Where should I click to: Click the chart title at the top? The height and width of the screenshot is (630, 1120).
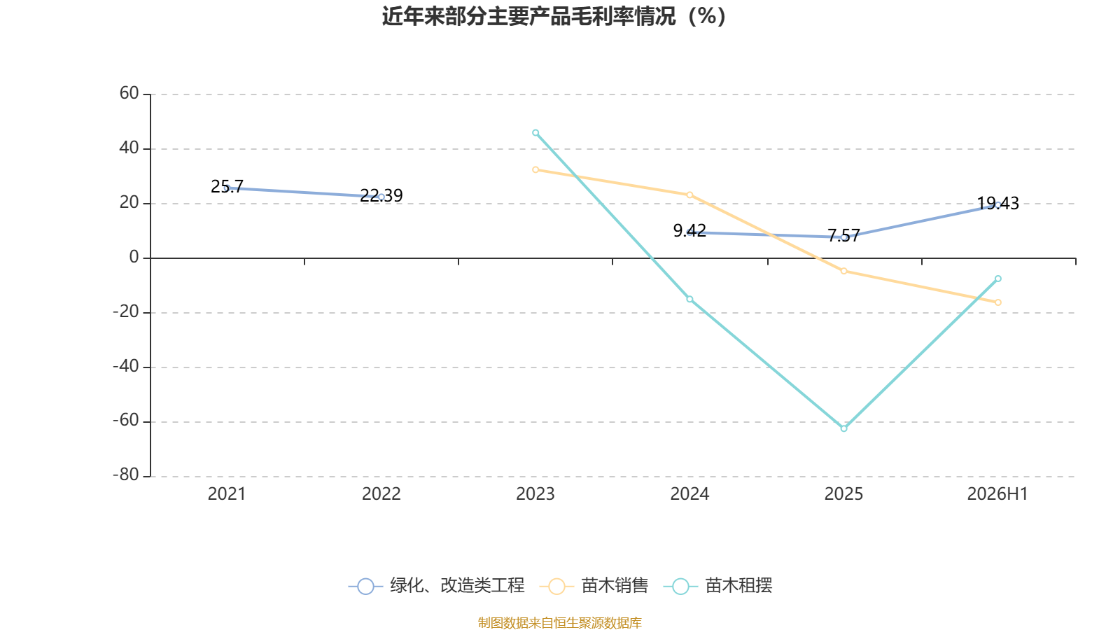554,17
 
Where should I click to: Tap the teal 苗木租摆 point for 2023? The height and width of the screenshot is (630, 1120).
535,133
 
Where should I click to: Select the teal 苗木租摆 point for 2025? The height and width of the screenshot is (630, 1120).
844,428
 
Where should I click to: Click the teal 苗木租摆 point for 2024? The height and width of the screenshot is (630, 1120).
689,299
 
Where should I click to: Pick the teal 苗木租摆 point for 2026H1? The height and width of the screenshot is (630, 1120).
998,279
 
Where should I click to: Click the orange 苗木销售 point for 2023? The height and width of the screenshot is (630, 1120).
535,170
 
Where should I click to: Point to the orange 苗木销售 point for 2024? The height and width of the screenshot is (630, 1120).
689,195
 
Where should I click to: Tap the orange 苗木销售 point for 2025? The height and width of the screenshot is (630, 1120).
844,271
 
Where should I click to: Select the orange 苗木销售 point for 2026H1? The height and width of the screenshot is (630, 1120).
998,302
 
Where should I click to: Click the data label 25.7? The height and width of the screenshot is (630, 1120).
227,186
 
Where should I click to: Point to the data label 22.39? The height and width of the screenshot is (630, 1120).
381,195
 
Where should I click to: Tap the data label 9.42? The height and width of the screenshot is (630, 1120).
689,230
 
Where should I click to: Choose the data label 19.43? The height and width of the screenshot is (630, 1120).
998,204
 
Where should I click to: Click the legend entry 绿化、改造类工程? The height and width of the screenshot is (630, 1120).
437,585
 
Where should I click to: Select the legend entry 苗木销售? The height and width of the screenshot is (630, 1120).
594,585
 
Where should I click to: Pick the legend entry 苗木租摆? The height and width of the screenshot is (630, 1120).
718,585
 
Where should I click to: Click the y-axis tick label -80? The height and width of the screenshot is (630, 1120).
126,475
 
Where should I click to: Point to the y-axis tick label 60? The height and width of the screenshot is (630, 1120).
129,93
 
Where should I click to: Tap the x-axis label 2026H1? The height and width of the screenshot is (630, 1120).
997,494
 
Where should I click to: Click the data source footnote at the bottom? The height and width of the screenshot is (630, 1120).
559,622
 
